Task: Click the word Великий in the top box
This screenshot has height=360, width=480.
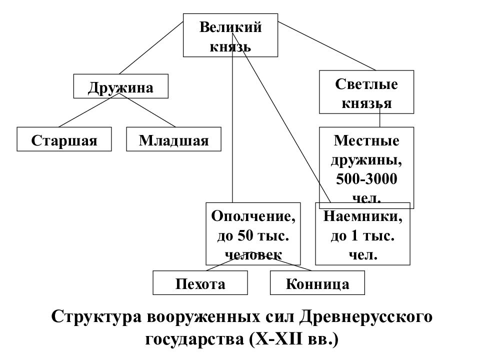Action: coord(230,27)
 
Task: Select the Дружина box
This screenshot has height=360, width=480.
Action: coord(121,86)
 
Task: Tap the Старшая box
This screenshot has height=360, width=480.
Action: coord(64,139)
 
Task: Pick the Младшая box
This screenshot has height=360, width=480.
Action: coord(173,139)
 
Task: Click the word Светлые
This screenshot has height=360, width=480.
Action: coord(366,84)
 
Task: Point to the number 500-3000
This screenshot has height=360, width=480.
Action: coord(366,179)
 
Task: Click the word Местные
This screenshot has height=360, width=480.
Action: coord(366,140)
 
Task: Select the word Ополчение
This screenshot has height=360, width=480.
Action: coord(253,216)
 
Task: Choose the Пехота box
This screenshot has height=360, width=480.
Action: coord(200,282)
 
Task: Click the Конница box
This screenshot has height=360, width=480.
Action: coord(317,282)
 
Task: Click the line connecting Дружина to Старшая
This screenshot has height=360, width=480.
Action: coord(89,110)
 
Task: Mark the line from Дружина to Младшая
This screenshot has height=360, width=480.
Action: coord(147,110)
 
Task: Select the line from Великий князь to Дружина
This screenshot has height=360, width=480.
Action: coord(151,48)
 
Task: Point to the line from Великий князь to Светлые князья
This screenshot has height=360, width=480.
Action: coord(326,46)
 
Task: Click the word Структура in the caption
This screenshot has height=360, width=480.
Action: coord(96,317)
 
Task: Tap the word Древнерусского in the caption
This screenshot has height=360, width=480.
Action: coord(365,317)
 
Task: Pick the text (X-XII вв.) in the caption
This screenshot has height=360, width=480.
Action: coord(293,339)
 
